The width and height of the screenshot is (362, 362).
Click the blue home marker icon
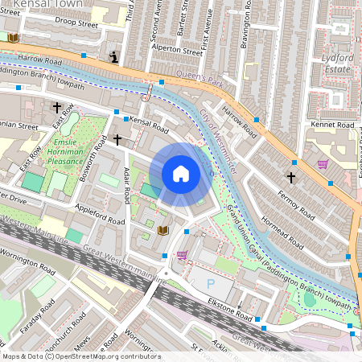tap(181, 174)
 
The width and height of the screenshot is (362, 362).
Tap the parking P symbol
tap(212, 283)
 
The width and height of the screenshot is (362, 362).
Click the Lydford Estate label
tap(331, 64)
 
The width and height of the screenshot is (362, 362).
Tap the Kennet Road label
tap(333, 125)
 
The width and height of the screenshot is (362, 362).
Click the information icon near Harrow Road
tap(115, 57)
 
